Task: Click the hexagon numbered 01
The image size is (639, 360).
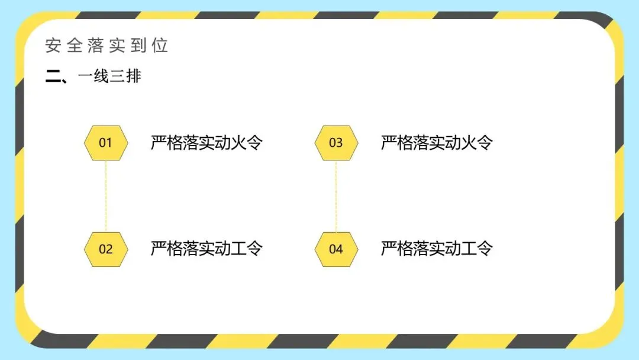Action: pyautogui.click(x=105, y=143)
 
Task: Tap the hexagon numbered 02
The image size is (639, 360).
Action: pyautogui.click(x=105, y=249)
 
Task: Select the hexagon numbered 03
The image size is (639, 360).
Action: pyautogui.click(x=335, y=143)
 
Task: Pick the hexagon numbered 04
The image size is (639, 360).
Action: pyautogui.click(x=335, y=249)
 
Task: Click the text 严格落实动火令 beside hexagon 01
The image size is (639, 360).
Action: pyautogui.click(x=206, y=143)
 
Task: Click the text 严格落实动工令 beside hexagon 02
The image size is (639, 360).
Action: pyautogui.click(x=206, y=248)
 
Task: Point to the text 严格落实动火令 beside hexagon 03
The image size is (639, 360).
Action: pyautogui.click(x=437, y=143)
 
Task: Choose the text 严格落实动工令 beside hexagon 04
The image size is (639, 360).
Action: pyautogui.click(x=437, y=248)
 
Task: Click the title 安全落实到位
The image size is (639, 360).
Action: pyautogui.click(x=106, y=46)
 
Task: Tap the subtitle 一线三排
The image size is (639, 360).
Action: pyautogui.click(x=109, y=76)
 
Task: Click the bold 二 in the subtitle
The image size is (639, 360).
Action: pyautogui.click(x=53, y=76)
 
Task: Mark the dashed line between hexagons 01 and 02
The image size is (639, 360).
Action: pyautogui.click(x=106, y=195)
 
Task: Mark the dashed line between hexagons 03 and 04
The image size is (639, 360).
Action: pyautogui.click(x=336, y=195)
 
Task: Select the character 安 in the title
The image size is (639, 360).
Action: pyautogui.click(x=53, y=46)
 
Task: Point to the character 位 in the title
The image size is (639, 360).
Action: pyautogui.click(x=160, y=46)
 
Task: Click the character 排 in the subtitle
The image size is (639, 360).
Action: pyautogui.click(x=133, y=76)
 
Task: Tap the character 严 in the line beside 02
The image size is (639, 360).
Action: pyautogui.click(x=159, y=248)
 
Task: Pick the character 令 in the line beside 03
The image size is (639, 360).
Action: pyautogui.click(x=485, y=143)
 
